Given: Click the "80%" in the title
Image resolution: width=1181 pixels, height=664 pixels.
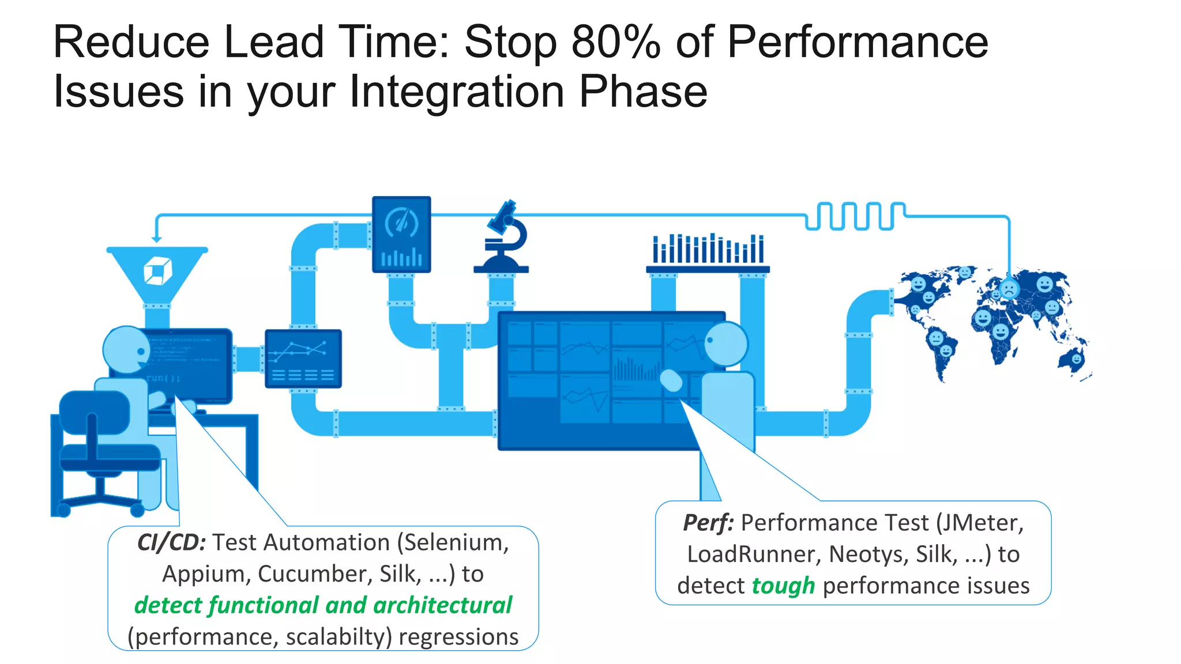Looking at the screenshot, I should tap(615, 42).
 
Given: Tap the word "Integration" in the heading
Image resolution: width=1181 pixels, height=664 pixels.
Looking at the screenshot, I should tap(456, 92).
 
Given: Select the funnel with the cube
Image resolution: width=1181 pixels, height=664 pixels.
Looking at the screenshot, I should tap(157, 271).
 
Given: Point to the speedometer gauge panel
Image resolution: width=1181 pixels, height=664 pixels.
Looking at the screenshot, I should tap(401, 234).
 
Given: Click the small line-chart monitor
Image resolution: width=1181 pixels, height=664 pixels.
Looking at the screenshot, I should tap(303, 359).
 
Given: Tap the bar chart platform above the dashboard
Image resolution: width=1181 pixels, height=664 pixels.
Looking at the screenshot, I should tap(708, 254).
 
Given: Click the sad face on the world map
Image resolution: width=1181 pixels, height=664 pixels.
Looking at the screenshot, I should tap(1009, 289).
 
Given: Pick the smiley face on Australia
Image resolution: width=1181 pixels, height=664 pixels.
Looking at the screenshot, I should tap(1076, 359).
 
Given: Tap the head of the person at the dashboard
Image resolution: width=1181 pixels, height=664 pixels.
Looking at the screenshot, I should tap(725, 344).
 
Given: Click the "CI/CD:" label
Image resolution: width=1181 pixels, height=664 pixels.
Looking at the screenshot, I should tap(171, 542).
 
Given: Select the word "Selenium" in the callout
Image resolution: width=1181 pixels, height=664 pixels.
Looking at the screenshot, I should tap(456, 542).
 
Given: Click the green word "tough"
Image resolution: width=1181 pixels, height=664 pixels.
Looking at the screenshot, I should tap(783, 586).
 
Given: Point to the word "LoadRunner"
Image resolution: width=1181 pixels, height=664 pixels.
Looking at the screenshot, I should tap(753, 554).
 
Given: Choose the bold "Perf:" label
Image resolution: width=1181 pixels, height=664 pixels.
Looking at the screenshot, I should tap(708, 523).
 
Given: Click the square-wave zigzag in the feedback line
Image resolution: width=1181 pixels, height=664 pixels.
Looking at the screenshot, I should tap(855, 216).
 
